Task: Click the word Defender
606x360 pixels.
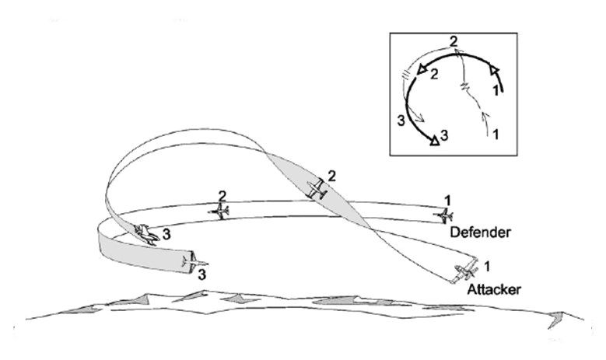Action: (x=481, y=232)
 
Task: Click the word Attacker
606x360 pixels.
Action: (x=494, y=289)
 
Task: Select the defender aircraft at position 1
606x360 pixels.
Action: (x=443, y=215)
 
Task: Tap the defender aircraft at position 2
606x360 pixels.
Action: (x=219, y=211)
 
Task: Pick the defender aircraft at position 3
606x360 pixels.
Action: (x=195, y=262)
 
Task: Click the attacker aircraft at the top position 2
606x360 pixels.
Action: (x=317, y=189)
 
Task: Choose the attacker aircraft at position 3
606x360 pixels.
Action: (x=146, y=234)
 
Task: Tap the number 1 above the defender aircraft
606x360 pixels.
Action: (x=447, y=201)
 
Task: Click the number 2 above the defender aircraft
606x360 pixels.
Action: (x=222, y=196)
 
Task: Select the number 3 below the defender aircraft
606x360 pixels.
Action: (x=202, y=275)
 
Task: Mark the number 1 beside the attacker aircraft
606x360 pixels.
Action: (x=487, y=266)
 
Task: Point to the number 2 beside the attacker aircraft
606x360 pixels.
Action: (x=332, y=177)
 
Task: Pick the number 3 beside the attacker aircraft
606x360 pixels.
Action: (x=166, y=235)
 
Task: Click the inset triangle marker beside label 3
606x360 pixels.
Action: (x=435, y=140)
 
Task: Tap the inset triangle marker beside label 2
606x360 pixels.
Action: (x=422, y=69)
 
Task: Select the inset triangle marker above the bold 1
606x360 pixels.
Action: (x=494, y=70)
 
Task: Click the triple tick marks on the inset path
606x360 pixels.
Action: (x=405, y=74)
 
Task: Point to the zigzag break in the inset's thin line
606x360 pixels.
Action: (x=466, y=86)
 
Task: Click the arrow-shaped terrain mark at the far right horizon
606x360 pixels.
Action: (x=555, y=319)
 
